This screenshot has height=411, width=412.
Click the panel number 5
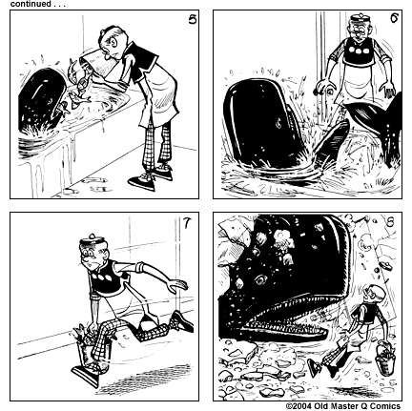click(192, 19)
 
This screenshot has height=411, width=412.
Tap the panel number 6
click(393, 19)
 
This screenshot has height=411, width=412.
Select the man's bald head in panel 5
click(113, 37)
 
